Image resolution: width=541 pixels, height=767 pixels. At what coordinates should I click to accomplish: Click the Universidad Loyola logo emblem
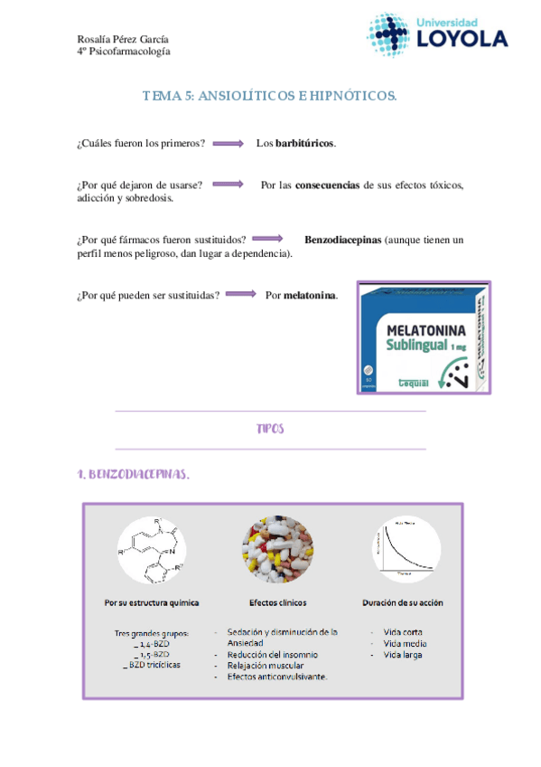click(x=388, y=33)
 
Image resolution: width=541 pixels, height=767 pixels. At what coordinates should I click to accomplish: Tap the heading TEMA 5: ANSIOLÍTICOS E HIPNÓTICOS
click(x=270, y=96)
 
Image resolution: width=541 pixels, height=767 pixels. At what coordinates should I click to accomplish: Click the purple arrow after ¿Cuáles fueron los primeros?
click(x=229, y=144)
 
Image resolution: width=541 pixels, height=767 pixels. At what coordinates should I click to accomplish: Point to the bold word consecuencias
click(x=328, y=185)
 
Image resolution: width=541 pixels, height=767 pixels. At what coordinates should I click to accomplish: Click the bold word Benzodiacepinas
click(x=342, y=241)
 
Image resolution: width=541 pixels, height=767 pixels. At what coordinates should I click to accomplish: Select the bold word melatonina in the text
click(x=310, y=295)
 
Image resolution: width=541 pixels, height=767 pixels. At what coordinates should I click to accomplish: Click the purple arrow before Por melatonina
click(x=242, y=295)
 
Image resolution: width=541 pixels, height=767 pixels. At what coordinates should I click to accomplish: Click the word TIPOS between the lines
click(x=270, y=430)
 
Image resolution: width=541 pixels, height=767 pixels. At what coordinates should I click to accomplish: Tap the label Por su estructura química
click(x=152, y=602)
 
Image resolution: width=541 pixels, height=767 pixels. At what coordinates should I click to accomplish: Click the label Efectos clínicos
click(x=277, y=602)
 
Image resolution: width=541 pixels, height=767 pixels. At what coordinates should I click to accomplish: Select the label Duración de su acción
click(x=403, y=602)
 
